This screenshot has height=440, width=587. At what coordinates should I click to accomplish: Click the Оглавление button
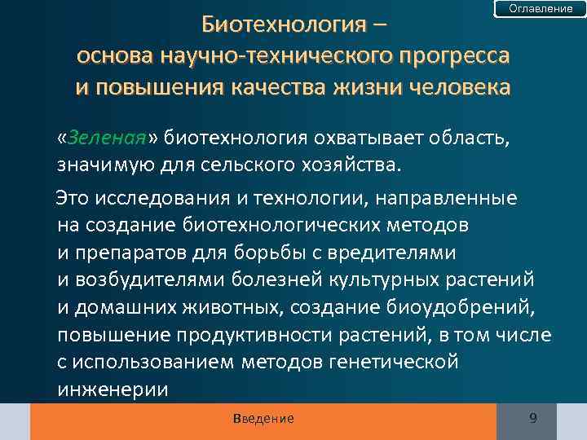click(541, 8)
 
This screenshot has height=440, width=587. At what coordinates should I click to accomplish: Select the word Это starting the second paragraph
click(72, 198)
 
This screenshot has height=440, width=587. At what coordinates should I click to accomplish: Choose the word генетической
click(392, 362)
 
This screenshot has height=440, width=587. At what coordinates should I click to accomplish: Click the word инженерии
click(113, 389)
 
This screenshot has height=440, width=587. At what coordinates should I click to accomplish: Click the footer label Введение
click(263, 419)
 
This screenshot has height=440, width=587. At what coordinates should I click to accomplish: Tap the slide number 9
click(532, 418)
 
